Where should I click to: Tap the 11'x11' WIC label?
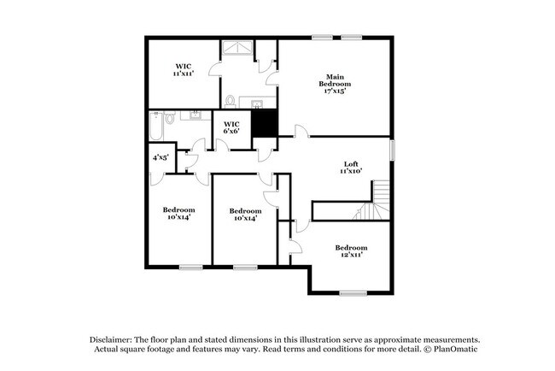[x=184, y=70]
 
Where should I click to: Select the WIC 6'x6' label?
[x=231, y=127]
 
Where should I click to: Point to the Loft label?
[x=351, y=168]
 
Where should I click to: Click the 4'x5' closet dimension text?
[x=160, y=157]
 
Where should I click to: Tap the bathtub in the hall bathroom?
[x=156, y=127]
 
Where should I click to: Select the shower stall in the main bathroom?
[x=238, y=52]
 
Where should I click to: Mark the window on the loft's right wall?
[x=393, y=148]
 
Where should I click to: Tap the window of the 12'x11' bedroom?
[x=352, y=293]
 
